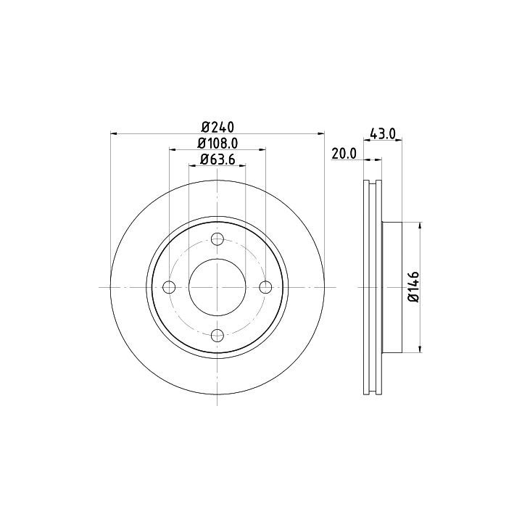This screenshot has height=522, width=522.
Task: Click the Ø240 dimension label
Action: click(x=218, y=127)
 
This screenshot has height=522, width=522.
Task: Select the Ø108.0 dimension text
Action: click(x=217, y=144)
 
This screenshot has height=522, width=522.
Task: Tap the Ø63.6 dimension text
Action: click(x=217, y=159)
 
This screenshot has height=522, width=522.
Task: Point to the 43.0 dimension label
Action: click(x=383, y=134)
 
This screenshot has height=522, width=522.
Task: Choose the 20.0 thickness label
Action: click(x=344, y=154)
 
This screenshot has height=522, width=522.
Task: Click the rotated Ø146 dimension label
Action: click(x=414, y=286)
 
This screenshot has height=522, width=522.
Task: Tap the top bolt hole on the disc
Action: click(x=217, y=239)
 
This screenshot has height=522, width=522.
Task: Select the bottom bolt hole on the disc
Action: click(x=217, y=335)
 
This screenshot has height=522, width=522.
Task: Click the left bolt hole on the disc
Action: click(x=169, y=287)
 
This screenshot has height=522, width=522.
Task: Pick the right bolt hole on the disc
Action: click(x=265, y=287)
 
